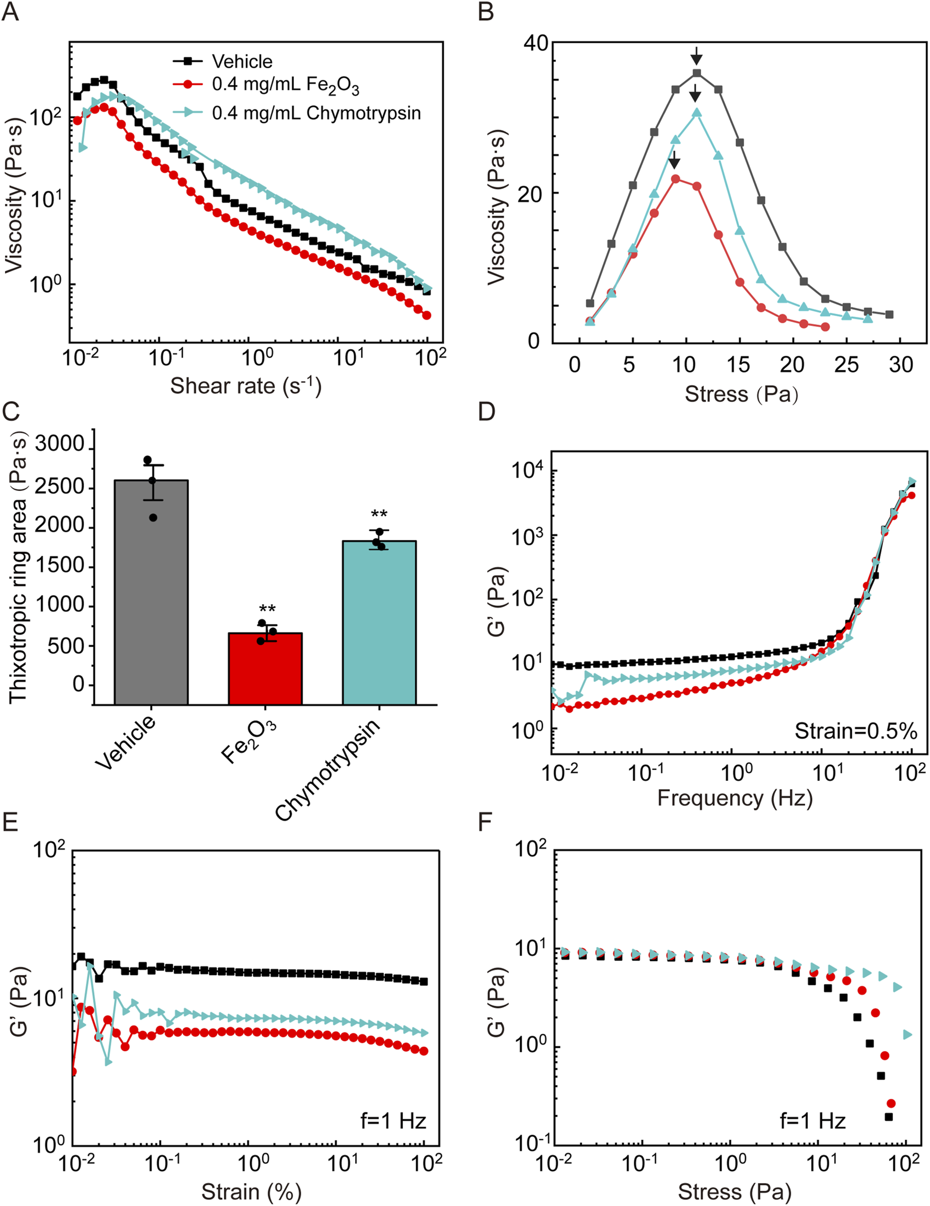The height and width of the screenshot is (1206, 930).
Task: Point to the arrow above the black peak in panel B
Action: [696, 55]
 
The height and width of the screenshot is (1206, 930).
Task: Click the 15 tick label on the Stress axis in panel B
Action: [738, 365]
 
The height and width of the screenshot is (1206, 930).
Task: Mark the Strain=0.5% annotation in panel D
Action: [856, 731]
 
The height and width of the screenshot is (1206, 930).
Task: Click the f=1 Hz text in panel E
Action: [393, 1121]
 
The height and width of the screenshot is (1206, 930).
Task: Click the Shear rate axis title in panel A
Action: [246, 386]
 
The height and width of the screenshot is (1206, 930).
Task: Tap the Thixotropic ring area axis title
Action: [18, 566]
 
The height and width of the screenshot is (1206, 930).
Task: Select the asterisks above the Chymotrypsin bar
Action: [379, 515]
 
